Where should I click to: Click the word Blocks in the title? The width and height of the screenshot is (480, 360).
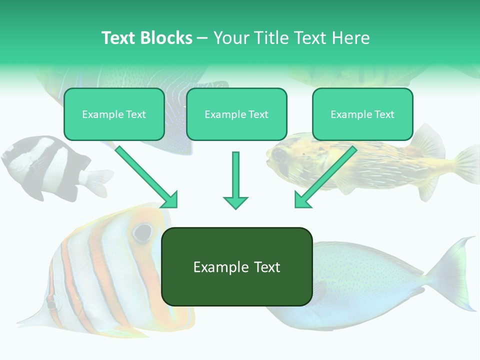[166, 38]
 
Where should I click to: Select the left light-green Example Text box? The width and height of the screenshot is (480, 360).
[114, 114]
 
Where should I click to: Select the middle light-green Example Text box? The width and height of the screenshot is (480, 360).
[236, 114]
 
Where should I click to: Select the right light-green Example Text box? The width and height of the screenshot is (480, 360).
[362, 114]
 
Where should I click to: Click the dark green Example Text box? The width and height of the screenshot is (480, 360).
[236, 267]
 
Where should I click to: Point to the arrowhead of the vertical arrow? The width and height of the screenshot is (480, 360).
[235, 202]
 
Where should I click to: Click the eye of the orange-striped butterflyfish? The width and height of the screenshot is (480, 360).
[142, 231]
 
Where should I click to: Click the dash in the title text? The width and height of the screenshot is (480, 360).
[202, 38]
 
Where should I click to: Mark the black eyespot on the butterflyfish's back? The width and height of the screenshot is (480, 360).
[51, 303]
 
